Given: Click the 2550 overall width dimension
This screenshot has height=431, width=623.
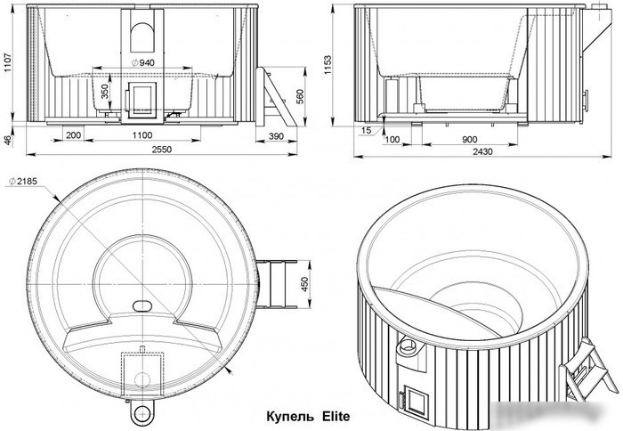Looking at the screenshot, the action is [162, 149].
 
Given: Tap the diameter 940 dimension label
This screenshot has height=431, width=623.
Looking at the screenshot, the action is [142, 62].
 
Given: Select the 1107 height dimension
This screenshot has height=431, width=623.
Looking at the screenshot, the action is [8, 63].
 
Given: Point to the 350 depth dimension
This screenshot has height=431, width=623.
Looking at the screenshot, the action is [104, 92].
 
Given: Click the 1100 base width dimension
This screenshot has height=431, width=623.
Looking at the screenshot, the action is [142, 135].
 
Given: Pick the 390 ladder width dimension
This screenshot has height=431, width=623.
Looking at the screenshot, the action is [276, 136].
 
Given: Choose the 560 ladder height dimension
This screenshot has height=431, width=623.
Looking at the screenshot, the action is [300, 97].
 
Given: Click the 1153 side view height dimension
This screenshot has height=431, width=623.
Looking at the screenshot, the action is [327, 65].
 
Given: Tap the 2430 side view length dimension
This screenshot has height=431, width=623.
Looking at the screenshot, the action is [482, 151].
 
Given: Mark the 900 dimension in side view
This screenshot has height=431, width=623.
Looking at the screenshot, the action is [470, 140].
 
